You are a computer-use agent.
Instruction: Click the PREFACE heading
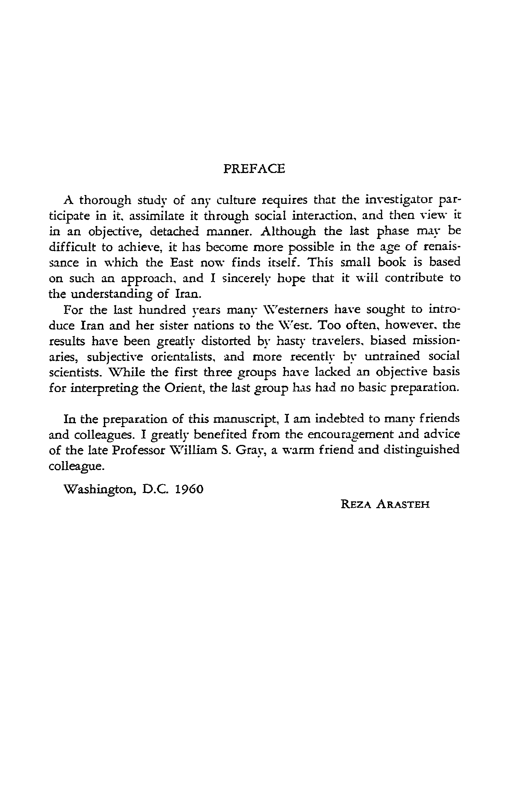(254, 168)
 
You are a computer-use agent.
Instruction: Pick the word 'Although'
(288, 232)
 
